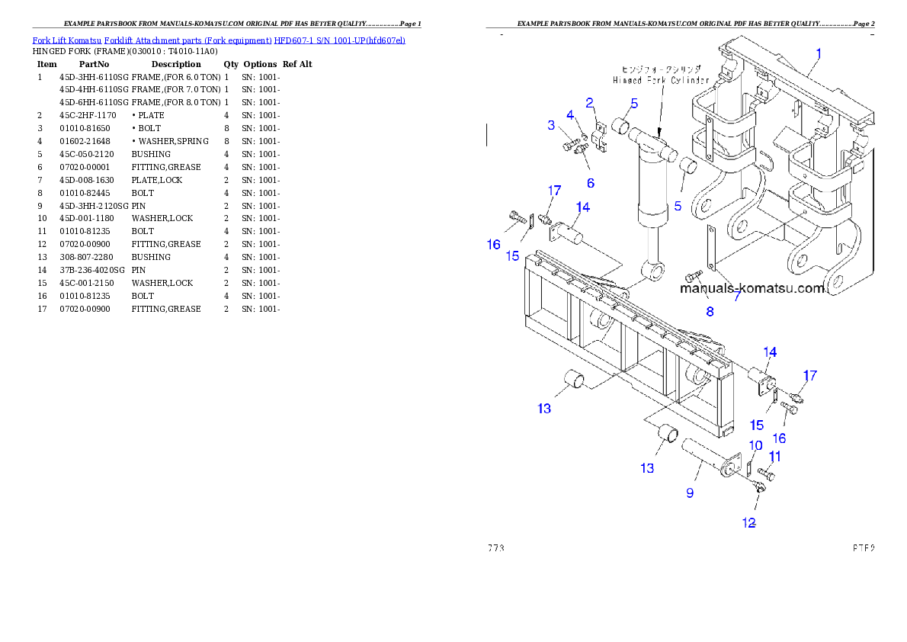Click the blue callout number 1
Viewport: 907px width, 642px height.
point(819,53)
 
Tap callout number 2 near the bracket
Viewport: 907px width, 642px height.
point(590,102)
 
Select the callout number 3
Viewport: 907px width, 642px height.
point(551,125)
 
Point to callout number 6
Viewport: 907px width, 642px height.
point(591,183)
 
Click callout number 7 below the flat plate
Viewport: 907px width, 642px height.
point(737,296)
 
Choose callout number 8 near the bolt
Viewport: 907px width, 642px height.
point(710,311)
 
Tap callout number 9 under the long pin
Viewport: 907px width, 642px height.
point(690,493)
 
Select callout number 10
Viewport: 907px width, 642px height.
point(755,445)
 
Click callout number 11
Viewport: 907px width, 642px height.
point(774,457)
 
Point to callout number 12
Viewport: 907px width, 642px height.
point(749,523)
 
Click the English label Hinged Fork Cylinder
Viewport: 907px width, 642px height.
point(661,79)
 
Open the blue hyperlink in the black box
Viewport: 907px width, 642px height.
point(219,40)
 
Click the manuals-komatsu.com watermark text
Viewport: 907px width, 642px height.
point(753,289)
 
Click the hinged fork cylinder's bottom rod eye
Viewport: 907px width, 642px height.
point(652,268)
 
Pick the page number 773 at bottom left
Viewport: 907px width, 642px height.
point(496,548)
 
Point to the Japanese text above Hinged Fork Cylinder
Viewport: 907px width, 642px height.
point(660,69)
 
